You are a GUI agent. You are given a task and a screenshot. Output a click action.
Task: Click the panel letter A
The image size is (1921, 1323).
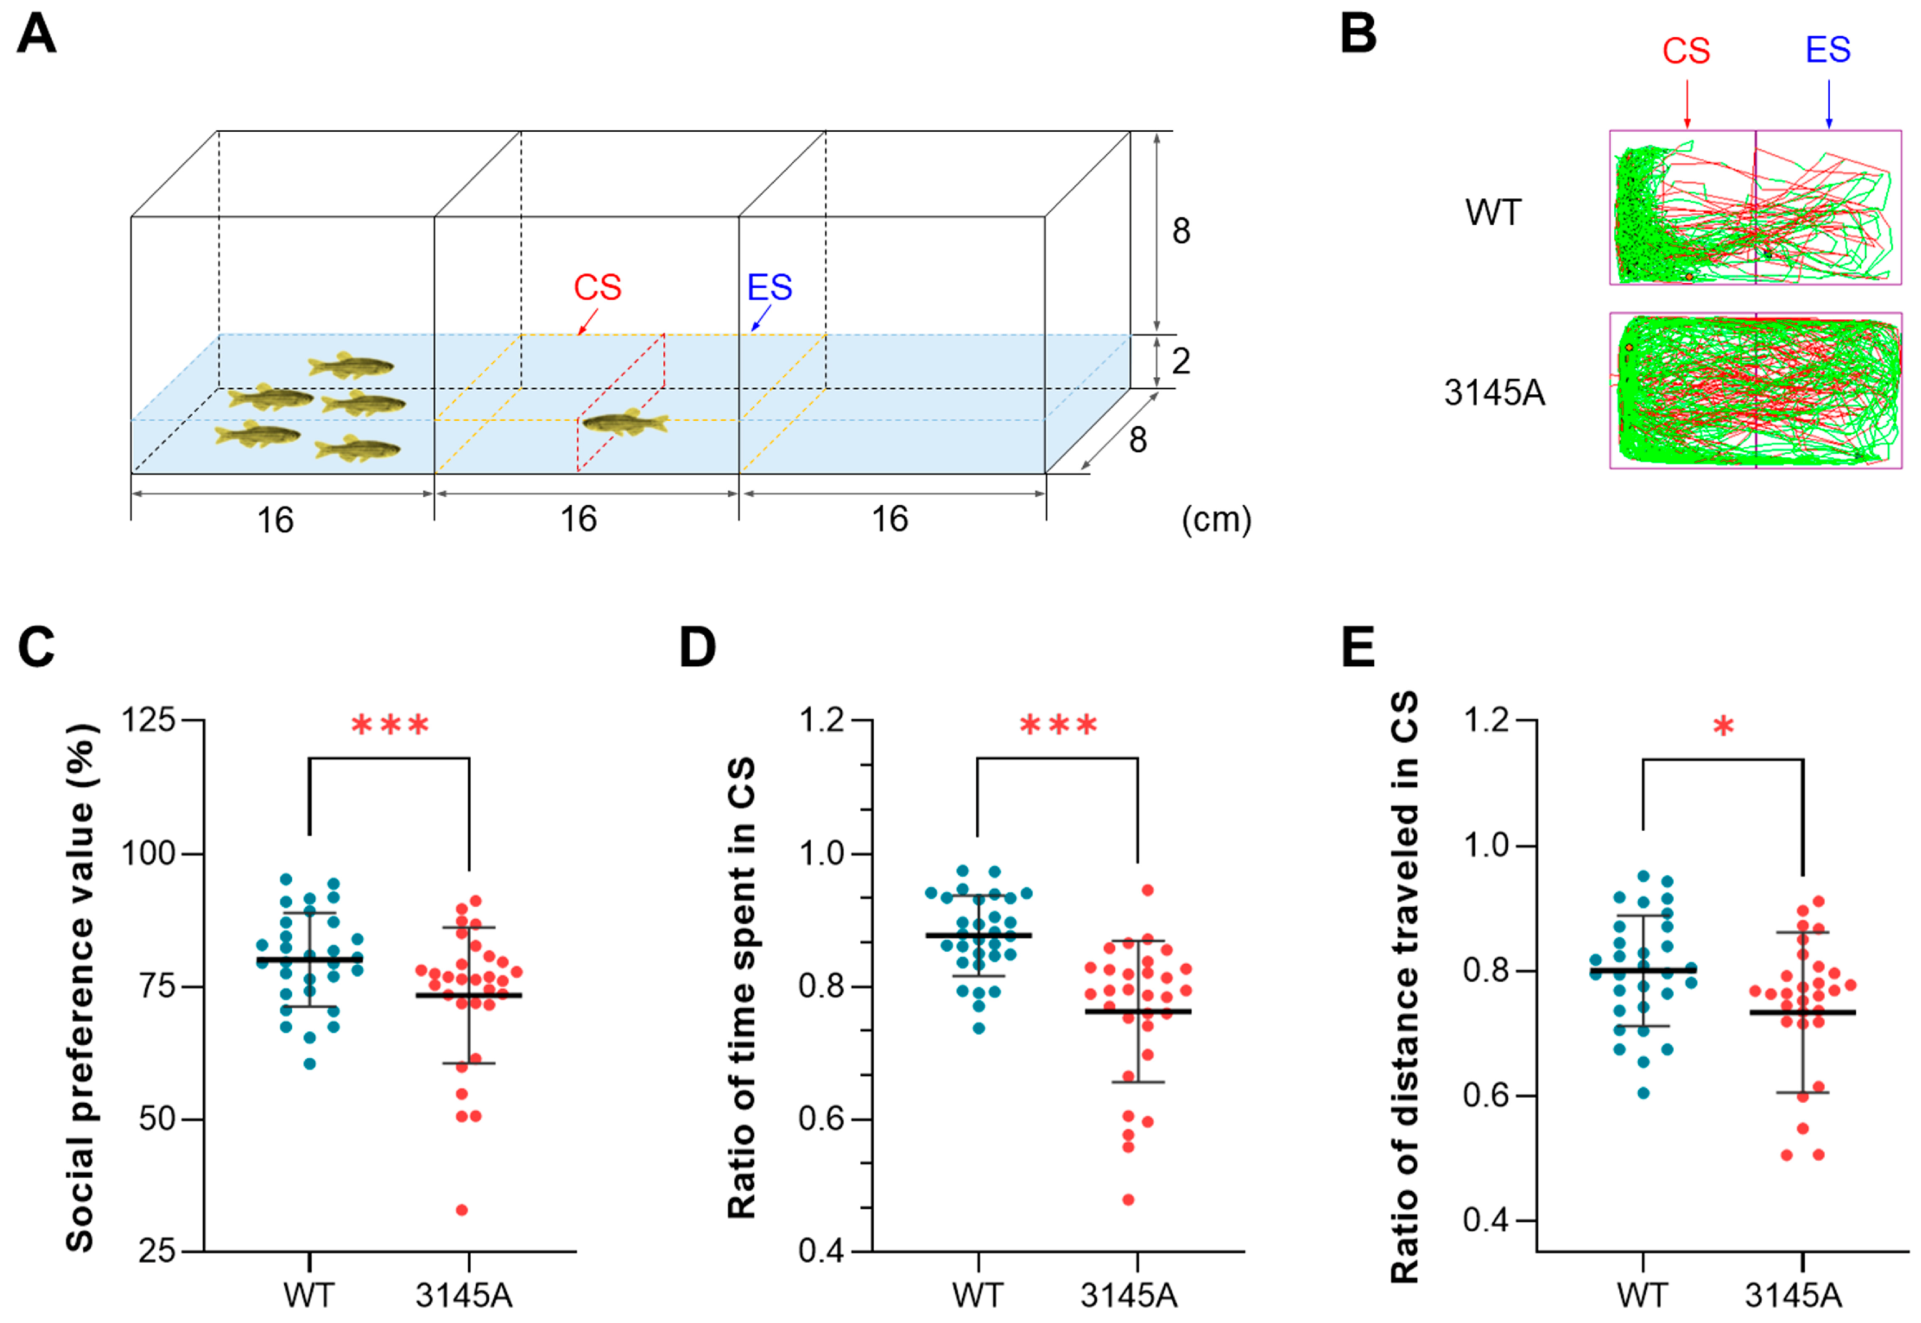tap(37, 35)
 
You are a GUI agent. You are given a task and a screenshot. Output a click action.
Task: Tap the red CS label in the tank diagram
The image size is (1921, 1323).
tap(597, 288)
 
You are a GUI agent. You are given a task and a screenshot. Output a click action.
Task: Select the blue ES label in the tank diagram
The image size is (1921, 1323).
tap(769, 288)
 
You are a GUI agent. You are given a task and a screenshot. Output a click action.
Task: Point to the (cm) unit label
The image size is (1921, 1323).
tap(1216, 520)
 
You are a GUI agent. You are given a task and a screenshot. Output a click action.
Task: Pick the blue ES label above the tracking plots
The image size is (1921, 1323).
tap(1828, 50)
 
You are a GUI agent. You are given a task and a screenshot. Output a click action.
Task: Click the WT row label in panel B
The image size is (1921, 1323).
tap(1493, 213)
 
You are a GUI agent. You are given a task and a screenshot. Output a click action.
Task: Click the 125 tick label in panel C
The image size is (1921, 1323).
tap(148, 720)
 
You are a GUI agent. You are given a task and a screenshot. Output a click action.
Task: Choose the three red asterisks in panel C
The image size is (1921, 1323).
tap(390, 725)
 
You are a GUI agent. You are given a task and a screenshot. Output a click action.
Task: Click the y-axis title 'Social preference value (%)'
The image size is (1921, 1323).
tap(81, 986)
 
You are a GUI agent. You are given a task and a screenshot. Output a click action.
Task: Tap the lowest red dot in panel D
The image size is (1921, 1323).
tap(1128, 1200)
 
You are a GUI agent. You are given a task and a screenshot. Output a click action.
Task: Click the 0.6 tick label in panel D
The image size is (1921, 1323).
tap(820, 1119)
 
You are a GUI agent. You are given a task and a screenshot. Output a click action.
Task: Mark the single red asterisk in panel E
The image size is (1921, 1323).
tap(1723, 728)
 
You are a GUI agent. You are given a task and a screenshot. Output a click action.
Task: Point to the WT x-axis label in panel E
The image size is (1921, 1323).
tap(1642, 1295)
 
